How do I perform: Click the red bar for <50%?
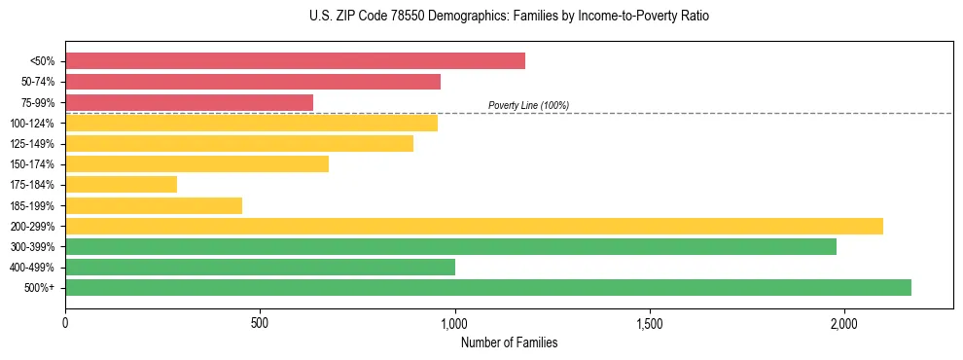coord(295,61)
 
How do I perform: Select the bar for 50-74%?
coord(253,82)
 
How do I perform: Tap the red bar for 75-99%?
coord(189,102)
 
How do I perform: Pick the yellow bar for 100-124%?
coord(251,123)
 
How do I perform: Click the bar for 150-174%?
coord(196,163)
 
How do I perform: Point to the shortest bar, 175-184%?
coord(121,184)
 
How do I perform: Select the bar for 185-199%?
coord(154,205)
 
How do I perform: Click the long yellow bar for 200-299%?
coord(474,226)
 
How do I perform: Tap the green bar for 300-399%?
coord(450,246)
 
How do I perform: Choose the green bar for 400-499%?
coord(260,267)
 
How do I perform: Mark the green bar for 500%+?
coord(488,287)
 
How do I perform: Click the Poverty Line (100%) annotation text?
coord(528,105)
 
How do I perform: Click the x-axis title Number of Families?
coord(509,343)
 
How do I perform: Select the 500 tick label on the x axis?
coord(260,323)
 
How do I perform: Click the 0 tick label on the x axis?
coord(65,323)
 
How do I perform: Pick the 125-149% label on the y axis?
coord(32,144)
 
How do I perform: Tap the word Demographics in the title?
coord(462,17)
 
